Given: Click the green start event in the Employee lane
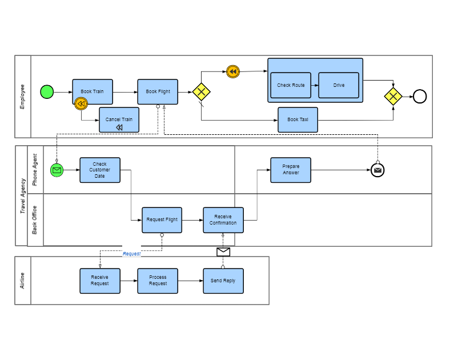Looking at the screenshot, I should pyautogui.click(x=47, y=92).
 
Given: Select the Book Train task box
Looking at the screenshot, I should pyautogui.click(x=93, y=91).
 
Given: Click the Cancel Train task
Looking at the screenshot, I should pyautogui.click(x=119, y=119).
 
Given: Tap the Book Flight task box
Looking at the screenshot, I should pyautogui.click(x=158, y=91).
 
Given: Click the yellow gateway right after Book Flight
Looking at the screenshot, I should pyautogui.click(x=201, y=92).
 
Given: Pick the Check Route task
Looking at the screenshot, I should pyautogui.click(x=291, y=85).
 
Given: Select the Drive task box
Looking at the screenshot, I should pyautogui.click(x=339, y=85).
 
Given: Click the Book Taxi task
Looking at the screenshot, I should pyautogui.click(x=298, y=120).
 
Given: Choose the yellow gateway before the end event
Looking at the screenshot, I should pyautogui.click(x=393, y=96).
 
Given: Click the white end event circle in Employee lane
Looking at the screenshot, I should pyautogui.click(x=420, y=96).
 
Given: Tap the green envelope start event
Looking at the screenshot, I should pyautogui.click(x=57, y=170).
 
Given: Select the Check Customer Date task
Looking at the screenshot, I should pyautogui.click(x=100, y=170).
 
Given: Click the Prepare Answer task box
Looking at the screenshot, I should pyautogui.click(x=291, y=170).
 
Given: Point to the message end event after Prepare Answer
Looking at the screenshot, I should pyautogui.click(x=377, y=170).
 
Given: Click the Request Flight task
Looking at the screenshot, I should pyautogui.click(x=162, y=220).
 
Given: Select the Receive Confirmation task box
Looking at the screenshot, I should pyautogui.click(x=223, y=220).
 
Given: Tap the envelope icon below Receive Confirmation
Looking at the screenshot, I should pyautogui.click(x=223, y=252).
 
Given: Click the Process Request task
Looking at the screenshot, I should pyautogui.click(x=158, y=281).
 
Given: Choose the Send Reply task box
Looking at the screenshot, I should pyautogui.click(x=223, y=281).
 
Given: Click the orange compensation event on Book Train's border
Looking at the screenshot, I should pyautogui.click(x=81, y=103).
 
